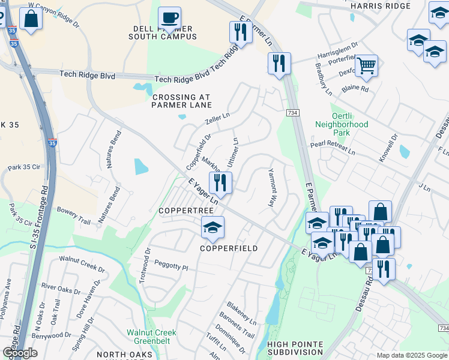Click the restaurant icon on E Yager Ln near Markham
pyautogui.click(x=220, y=183)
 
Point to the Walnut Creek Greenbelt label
pyautogui.click(x=151, y=337)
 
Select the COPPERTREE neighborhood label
pyautogui.click(x=183, y=211)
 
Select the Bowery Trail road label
pyautogui.click(x=73, y=217)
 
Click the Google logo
pyautogui.click(x=20, y=352)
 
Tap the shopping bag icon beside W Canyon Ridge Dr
pyautogui.click(x=31, y=18)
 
